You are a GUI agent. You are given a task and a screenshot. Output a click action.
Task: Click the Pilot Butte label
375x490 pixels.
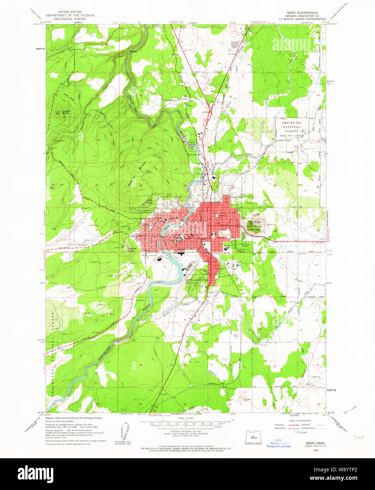(254, 222)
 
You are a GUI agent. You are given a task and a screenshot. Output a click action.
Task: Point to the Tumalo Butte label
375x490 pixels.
(66, 112)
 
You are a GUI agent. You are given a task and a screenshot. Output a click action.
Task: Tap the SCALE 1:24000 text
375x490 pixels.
(187, 418)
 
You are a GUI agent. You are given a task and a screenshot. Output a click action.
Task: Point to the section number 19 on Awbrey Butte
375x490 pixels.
(140, 141)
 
